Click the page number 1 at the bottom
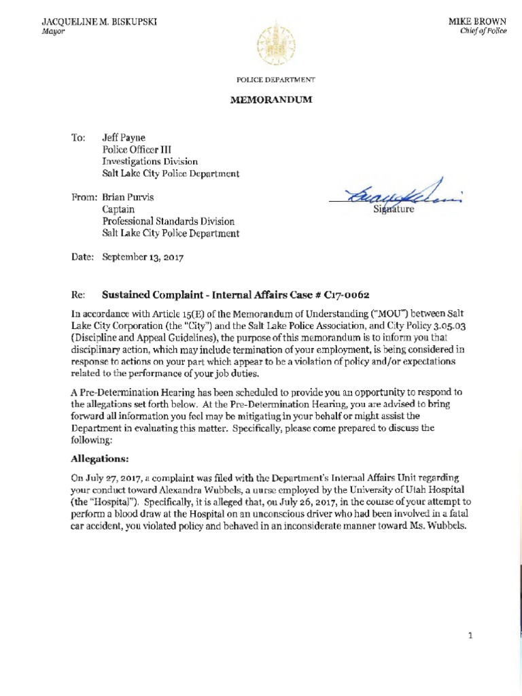[470, 636]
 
